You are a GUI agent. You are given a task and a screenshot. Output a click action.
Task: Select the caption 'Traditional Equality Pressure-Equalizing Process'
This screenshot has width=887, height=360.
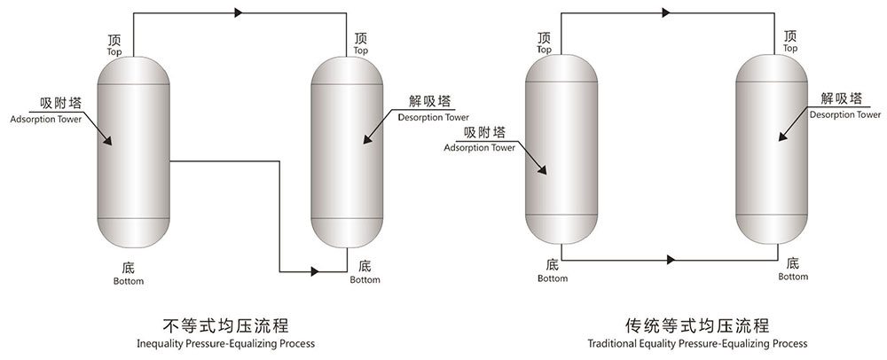(696, 343)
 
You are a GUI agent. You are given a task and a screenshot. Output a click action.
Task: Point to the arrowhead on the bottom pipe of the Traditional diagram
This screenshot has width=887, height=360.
(671, 260)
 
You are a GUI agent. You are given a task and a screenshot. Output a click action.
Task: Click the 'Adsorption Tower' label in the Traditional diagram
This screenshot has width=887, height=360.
(480, 147)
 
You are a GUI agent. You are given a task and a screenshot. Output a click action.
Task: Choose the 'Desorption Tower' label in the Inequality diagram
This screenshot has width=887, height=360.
(434, 116)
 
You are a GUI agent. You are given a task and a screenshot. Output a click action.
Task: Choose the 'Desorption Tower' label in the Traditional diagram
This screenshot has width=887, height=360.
(845, 114)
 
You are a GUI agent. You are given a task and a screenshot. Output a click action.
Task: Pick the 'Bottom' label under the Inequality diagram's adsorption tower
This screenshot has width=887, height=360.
(129, 281)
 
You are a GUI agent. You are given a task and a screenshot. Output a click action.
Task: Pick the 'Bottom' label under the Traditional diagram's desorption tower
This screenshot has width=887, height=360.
(793, 277)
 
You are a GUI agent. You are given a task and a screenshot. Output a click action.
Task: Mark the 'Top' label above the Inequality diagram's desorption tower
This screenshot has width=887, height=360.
(360, 51)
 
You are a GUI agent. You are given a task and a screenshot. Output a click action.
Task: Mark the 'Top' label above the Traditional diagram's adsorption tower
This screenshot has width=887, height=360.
(543, 51)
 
